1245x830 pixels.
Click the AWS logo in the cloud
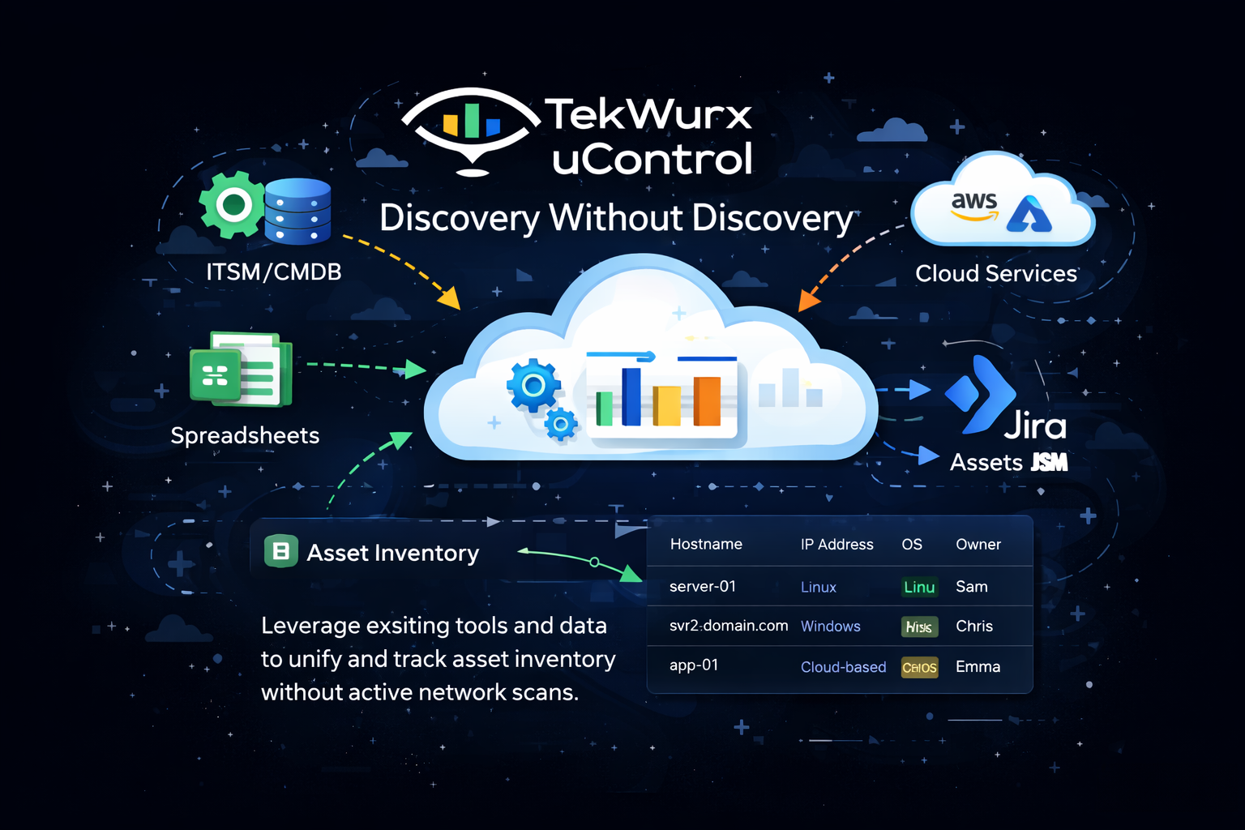pyautogui.click(x=973, y=204)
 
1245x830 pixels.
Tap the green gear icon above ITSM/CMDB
pyautogui.click(x=233, y=205)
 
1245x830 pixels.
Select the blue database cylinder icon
pyautogui.click(x=297, y=212)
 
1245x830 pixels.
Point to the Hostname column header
pyautogui.click(x=706, y=545)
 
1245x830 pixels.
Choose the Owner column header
pyautogui.click(x=978, y=545)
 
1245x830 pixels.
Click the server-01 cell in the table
pyautogui.click(x=703, y=586)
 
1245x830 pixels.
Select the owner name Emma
pyautogui.click(x=978, y=667)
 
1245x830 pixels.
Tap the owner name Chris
pyautogui.click(x=973, y=627)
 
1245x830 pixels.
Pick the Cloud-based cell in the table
pyautogui.click(x=843, y=667)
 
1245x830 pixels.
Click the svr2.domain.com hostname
pyautogui.click(x=728, y=626)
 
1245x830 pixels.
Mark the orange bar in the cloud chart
pyautogui.click(x=707, y=400)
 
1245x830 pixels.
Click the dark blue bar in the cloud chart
pyautogui.click(x=631, y=396)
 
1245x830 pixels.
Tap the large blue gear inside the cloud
pyautogui.click(x=533, y=386)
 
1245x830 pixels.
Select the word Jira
pyautogui.click(x=1035, y=426)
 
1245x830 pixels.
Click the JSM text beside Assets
pyautogui.click(x=1049, y=463)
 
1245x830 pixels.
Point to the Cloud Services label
pyautogui.click(x=995, y=274)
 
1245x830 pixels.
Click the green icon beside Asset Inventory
pyautogui.click(x=281, y=552)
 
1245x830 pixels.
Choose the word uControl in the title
pyautogui.click(x=652, y=160)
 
